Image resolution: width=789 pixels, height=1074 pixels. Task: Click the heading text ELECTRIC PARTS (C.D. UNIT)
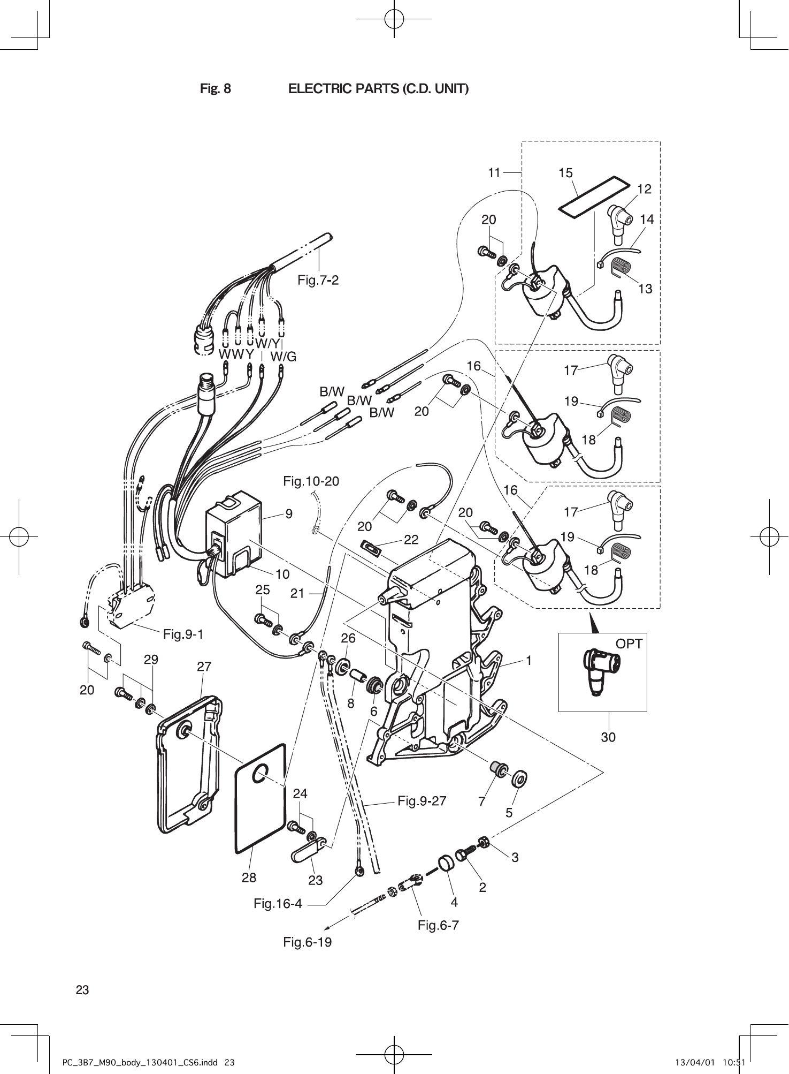coord(378,89)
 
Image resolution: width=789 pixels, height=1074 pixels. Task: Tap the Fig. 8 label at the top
coord(216,89)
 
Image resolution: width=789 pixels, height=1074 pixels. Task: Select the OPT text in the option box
coord(629,644)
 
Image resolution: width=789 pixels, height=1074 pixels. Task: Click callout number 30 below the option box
coord(608,737)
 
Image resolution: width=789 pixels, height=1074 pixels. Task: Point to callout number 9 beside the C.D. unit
coord(289,514)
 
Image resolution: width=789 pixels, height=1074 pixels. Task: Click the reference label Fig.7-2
coord(318,280)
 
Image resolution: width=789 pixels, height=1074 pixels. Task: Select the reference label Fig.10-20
coord(311,481)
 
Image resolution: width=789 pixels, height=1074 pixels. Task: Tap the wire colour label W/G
coord(283,357)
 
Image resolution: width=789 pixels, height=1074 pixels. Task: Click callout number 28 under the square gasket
coord(249,878)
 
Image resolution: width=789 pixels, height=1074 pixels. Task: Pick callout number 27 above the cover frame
coord(204,667)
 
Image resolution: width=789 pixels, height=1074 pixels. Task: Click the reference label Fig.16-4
coord(278,904)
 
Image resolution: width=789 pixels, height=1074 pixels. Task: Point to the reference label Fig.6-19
coord(307,942)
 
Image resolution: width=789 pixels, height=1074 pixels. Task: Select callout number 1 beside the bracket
coord(528,661)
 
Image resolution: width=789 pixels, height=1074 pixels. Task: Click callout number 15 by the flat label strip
coord(565,173)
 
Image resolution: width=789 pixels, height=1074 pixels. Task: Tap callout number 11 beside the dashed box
coord(494,173)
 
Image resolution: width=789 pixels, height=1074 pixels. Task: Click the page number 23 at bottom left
coord(82,990)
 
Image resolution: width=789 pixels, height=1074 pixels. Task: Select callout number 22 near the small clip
coord(411,540)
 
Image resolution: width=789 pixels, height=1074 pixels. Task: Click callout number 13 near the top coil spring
coord(646,289)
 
